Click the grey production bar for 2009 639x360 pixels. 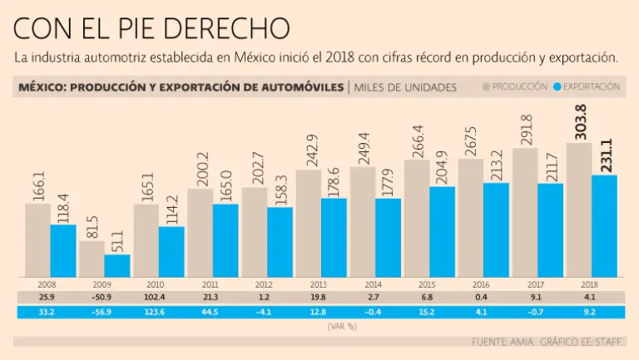(92, 259)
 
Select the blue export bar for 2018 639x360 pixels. (604, 225)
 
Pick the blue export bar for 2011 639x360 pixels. (225, 240)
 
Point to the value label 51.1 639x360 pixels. (117, 239)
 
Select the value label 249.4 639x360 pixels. (363, 146)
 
